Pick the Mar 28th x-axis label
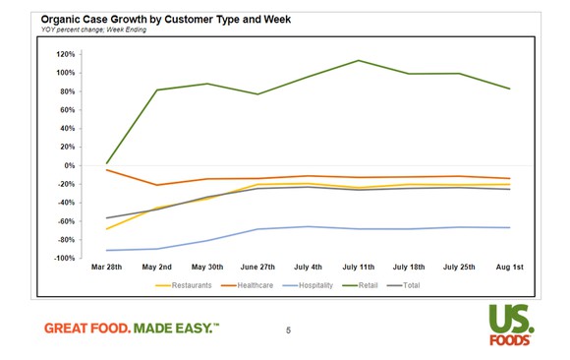105,269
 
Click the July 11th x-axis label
359,269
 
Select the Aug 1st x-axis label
509,269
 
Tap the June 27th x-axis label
256,269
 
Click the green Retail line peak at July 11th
359,60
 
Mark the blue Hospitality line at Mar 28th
105,251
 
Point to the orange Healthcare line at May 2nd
156,185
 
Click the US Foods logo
509,326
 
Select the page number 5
288,330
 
